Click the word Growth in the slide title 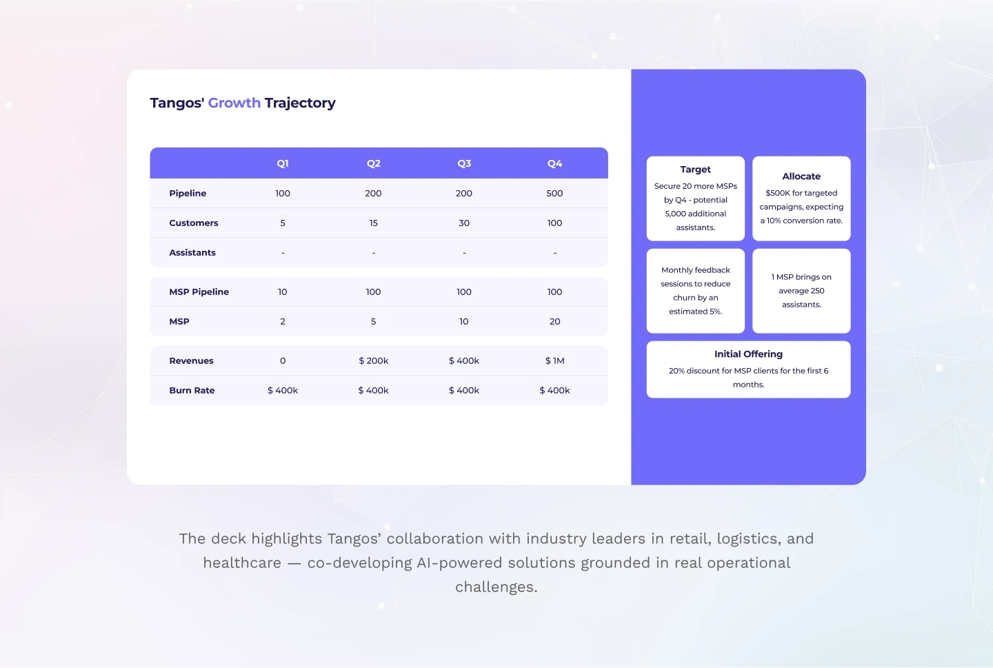234,103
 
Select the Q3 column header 464,163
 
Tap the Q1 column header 283,163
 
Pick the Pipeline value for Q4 554,193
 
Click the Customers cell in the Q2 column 373,223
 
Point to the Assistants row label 192,253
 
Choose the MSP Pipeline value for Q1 283,292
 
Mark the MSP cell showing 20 554,321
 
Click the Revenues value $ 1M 554,361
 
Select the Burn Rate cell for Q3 463,390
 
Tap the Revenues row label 191,361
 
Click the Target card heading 695,170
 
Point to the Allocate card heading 801,176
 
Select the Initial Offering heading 748,354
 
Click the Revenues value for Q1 283,361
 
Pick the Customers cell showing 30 463,223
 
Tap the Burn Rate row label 192,390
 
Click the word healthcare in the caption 242,563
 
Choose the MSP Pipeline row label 199,292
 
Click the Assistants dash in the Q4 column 554,253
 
